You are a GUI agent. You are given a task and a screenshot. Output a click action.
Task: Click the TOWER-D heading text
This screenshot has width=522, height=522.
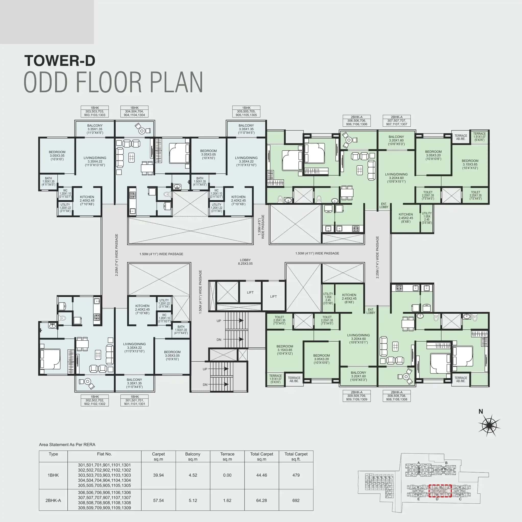60,61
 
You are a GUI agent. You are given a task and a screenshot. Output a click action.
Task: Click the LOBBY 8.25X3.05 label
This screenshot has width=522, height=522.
245,262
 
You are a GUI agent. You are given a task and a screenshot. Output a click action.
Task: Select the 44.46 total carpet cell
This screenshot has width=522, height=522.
261,475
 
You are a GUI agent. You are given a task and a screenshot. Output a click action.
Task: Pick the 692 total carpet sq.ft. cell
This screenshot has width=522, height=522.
296,500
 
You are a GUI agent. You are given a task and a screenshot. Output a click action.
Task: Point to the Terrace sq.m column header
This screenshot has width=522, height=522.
227,456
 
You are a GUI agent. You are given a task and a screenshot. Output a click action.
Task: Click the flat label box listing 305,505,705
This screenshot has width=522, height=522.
246,111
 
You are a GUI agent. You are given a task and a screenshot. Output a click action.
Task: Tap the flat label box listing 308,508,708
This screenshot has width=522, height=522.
396,396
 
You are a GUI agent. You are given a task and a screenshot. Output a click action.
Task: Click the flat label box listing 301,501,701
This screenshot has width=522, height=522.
134,400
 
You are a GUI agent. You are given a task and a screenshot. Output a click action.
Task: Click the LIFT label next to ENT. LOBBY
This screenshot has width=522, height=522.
273,296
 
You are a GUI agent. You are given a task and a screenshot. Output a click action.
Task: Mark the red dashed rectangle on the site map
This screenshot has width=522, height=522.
440,491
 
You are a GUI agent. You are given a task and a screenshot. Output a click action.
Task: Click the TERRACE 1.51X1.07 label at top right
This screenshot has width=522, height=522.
479,137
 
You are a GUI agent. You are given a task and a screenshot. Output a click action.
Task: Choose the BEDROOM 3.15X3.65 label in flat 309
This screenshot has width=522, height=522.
285,350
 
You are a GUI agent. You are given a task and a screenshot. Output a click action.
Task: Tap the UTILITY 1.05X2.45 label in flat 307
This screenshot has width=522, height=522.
427,218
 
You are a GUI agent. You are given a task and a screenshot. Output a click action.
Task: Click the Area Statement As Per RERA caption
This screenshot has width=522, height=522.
67,444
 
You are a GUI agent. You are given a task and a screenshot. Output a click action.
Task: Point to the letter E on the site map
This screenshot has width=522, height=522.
419,499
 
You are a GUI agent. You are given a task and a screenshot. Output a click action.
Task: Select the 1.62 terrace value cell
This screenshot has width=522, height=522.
227,500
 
